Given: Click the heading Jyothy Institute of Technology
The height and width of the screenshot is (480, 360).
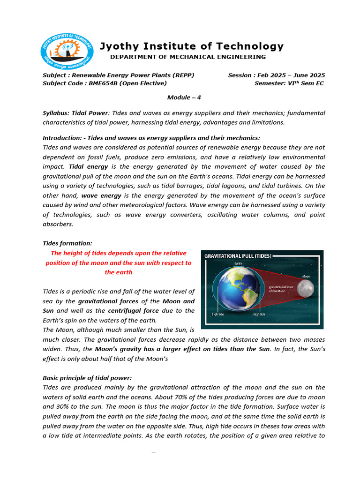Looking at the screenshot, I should pos(191,46).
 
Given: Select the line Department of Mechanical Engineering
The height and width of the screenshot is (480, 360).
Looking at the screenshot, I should pos(187,57).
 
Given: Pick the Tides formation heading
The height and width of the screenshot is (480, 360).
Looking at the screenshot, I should pos(67,243).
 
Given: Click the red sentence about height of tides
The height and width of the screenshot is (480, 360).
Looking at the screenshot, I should pos(119,262).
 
